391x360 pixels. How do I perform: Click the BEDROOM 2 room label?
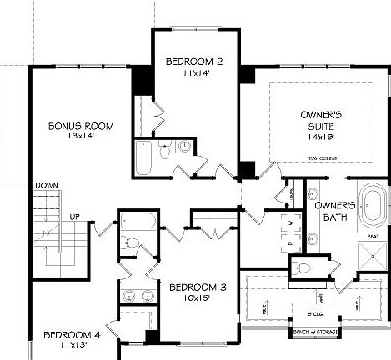coord(193,61)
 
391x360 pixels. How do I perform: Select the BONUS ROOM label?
coord(80,126)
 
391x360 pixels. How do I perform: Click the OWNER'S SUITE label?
coord(319,119)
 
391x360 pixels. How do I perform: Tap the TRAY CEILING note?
coord(322,158)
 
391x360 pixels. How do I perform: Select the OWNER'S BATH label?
coord(335,211)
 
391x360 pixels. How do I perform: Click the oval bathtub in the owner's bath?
coord(373,212)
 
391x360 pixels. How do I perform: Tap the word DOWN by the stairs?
coord(45,185)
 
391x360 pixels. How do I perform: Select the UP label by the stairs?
coord(74,217)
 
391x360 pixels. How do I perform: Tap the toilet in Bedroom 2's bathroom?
coord(165,152)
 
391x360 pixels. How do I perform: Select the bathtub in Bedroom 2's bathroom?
coord(144,158)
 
